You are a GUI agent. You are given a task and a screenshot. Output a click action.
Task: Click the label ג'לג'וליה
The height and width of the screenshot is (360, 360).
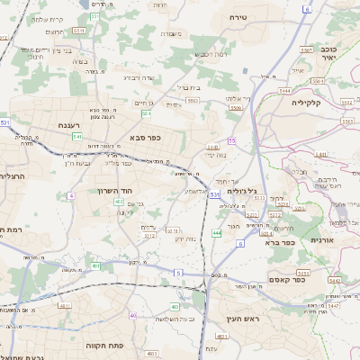242,190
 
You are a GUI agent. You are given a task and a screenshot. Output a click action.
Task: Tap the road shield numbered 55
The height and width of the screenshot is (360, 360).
231,141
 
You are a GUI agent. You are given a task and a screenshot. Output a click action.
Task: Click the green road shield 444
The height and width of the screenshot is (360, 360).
216,233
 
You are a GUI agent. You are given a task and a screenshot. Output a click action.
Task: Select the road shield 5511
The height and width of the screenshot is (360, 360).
79,30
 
